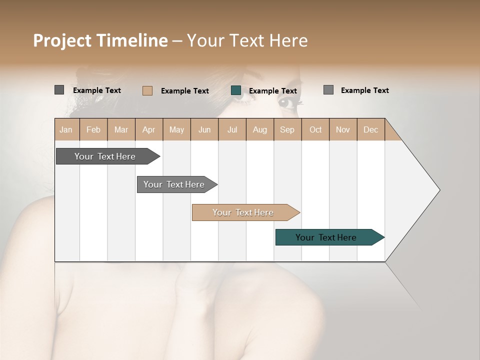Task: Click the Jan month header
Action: [x=66, y=129]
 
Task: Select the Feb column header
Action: [x=93, y=129]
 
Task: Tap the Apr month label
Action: [x=148, y=129]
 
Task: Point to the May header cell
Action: [x=176, y=129]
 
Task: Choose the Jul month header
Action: [x=232, y=129]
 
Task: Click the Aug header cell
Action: [x=259, y=129]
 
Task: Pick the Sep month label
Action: [x=287, y=129]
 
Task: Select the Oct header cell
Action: [x=315, y=129]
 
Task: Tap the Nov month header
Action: [x=342, y=129]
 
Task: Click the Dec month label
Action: [x=370, y=129]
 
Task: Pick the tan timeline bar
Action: [x=244, y=212]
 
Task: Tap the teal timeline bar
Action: [x=327, y=237]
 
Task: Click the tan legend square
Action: [x=147, y=90]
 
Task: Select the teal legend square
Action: [x=236, y=90]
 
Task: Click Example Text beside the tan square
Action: [x=185, y=91]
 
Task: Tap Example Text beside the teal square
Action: [x=273, y=91]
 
